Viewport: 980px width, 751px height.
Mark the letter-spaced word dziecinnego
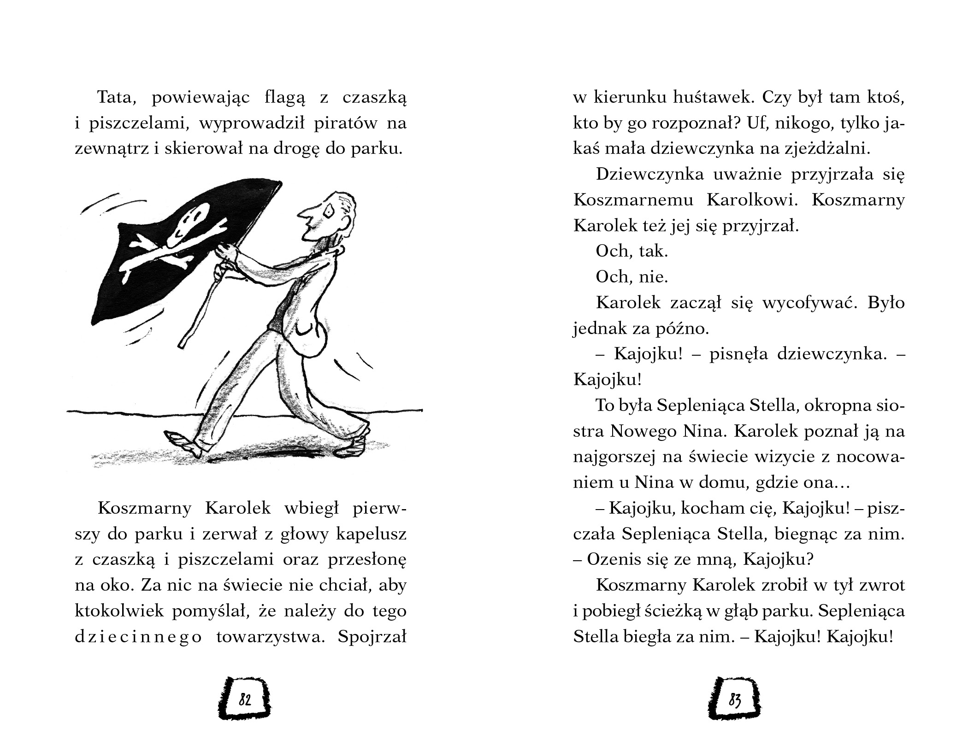click(138, 637)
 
